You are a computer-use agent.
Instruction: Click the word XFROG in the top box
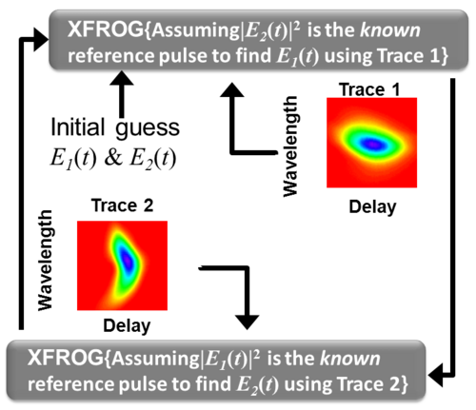pyautogui.click(x=106, y=29)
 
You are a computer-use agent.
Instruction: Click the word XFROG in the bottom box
pyautogui.click(x=66, y=358)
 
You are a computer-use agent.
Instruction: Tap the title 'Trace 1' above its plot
pyautogui.click(x=369, y=89)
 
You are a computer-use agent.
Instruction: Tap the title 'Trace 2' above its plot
pyautogui.click(x=122, y=205)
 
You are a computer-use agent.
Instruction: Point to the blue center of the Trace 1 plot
pyautogui.click(x=374, y=145)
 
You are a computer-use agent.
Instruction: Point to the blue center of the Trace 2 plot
pyautogui.click(x=128, y=261)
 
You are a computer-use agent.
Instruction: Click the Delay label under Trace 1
pyautogui.click(x=372, y=207)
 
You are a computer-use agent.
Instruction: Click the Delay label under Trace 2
pyautogui.click(x=127, y=326)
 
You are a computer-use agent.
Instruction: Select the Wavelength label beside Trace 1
pyautogui.click(x=290, y=146)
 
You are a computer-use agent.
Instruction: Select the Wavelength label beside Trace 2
pyautogui.click(x=45, y=260)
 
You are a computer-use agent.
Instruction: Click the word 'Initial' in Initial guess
pyautogui.click(x=78, y=127)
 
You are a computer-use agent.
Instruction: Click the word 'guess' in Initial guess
pyautogui.click(x=148, y=128)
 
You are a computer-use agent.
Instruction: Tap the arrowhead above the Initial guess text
pyautogui.click(x=122, y=78)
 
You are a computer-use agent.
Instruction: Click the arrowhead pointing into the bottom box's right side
pyautogui.click(x=435, y=376)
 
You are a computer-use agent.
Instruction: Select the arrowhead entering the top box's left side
pyautogui.click(x=41, y=39)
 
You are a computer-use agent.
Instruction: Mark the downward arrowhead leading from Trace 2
pyautogui.click(x=247, y=322)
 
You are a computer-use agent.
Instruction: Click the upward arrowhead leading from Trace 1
pyautogui.click(x=232, y=89)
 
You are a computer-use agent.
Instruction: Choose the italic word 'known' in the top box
pyautogui.click(x=390, y=30)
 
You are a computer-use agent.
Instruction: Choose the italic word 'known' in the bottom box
pyautogui.click(x=350, y=359)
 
